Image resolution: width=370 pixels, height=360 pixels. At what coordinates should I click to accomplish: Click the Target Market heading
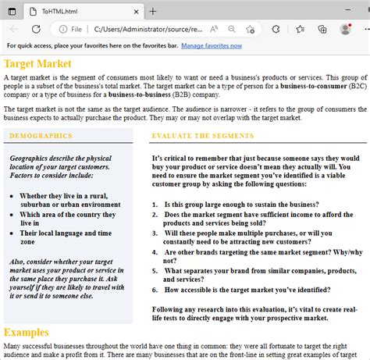click(37, 64)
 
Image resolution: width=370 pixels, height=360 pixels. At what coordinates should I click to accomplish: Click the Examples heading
click(27, 333)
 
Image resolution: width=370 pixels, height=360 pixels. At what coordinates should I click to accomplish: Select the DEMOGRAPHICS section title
click(41, 136)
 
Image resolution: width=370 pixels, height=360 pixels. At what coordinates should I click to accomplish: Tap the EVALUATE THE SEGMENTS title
click(203, 136)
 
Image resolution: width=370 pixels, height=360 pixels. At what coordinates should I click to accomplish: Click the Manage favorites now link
click(212, 46)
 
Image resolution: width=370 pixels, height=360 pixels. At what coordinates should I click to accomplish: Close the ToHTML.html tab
click(136, 12)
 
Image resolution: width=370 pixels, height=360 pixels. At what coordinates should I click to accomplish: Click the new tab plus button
click(153, 12)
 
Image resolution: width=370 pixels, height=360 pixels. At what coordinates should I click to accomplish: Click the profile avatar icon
click(346, 29)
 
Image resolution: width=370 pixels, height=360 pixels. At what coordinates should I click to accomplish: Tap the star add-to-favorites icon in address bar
click(250, 29)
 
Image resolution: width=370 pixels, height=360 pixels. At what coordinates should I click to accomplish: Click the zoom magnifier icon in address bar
click(232, 29)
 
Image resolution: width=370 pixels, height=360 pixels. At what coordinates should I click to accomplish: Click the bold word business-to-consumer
click(314, 86)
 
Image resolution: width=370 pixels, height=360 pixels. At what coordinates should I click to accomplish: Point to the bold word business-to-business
click(140, 94)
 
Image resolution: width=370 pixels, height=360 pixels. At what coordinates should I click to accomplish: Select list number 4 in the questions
click(155, 252)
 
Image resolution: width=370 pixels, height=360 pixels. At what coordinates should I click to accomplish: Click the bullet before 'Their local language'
click(12, 233)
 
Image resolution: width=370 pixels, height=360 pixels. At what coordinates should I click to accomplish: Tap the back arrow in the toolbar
click(14, 29)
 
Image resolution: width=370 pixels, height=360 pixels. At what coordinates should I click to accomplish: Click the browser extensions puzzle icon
click(276, 29)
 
